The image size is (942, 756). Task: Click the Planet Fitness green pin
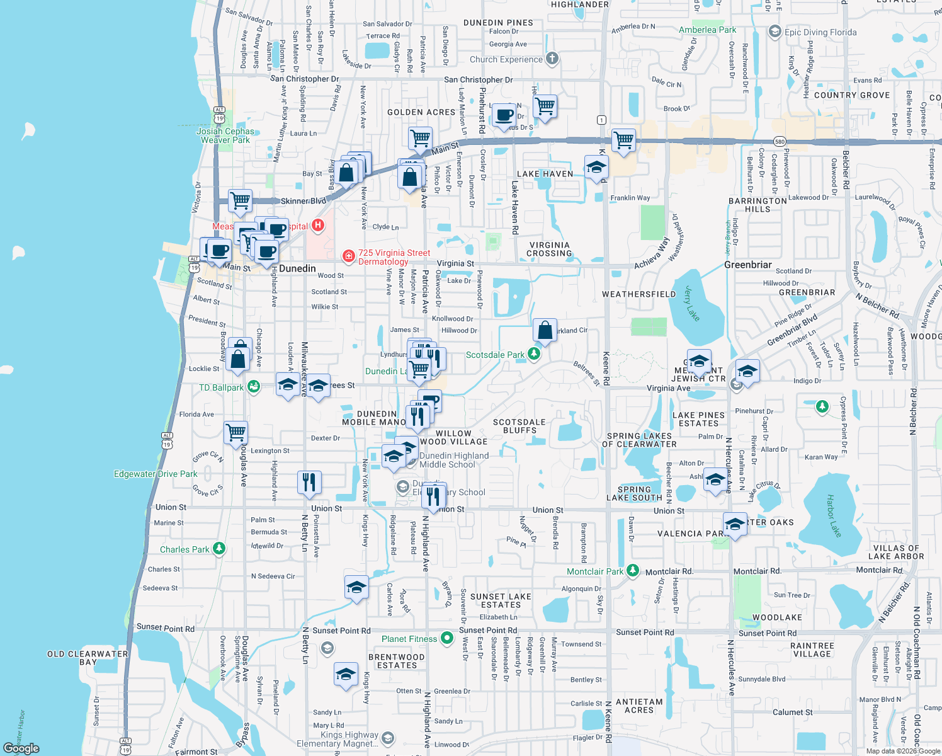[446, 638]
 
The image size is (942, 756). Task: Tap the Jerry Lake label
[692, 304]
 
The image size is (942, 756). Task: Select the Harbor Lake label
[833, 515]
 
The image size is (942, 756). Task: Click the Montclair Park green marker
[633, 571]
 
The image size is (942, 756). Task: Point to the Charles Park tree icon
[218, 549]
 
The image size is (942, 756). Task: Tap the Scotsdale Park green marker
[534, 354]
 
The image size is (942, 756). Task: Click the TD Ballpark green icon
[253, 387]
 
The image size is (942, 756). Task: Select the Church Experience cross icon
[552, 59]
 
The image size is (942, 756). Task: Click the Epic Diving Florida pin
[775, 31]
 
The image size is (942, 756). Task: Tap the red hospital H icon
[318, 225]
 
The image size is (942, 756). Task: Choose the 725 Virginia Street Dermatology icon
[348, 256]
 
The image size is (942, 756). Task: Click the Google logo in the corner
[21, 748]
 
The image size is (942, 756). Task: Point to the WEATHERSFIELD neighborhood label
[638, 294]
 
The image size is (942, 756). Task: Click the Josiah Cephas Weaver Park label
[225, 135]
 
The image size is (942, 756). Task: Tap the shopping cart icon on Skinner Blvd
[240, 201]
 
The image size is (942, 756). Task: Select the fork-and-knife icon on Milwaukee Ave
[309, 482]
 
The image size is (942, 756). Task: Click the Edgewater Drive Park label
[156, 474]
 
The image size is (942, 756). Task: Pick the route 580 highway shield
[780, 142]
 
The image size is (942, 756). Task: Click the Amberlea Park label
[707, 30]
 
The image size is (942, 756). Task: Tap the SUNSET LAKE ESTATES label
[501, 600]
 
